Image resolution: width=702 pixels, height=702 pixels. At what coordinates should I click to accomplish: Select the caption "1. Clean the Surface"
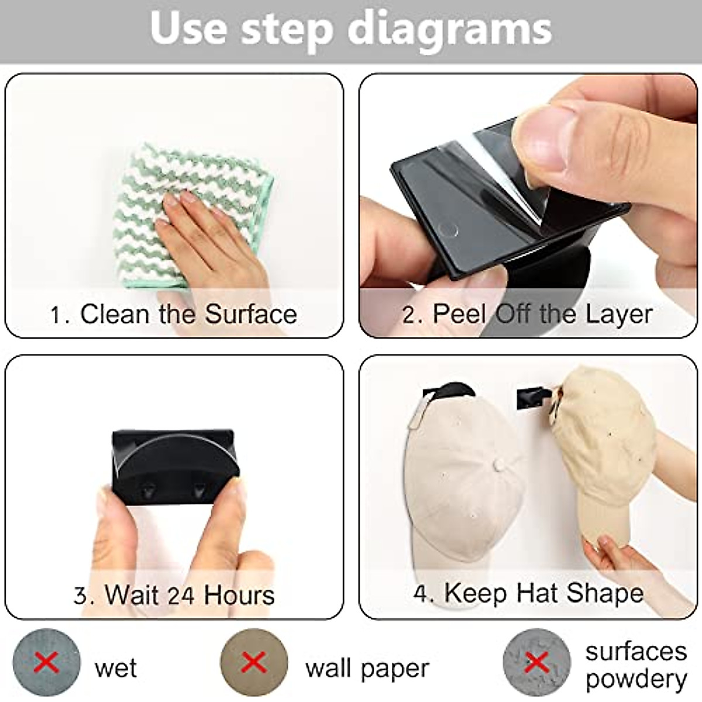[174, 314]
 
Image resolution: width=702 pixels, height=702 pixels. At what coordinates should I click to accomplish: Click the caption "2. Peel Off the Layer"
[527, 314]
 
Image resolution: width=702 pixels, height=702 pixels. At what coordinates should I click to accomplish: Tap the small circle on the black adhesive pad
[449, 228]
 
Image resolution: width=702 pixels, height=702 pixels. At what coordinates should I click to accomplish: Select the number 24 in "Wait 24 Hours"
[181, 596]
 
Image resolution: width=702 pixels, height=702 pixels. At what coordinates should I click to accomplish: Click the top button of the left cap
[499, 466]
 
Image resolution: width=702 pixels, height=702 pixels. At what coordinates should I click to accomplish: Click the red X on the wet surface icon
[47, 662]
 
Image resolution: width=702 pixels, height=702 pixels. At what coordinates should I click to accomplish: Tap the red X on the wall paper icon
[254, 662]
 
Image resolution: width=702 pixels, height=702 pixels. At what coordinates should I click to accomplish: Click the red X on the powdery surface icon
[536, 662]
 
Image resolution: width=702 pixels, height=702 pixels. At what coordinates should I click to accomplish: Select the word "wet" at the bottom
[115, 667]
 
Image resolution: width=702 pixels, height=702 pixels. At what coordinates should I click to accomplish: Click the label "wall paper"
[367, 667]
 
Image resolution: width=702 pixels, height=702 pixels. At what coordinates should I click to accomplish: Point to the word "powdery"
[636, 679]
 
